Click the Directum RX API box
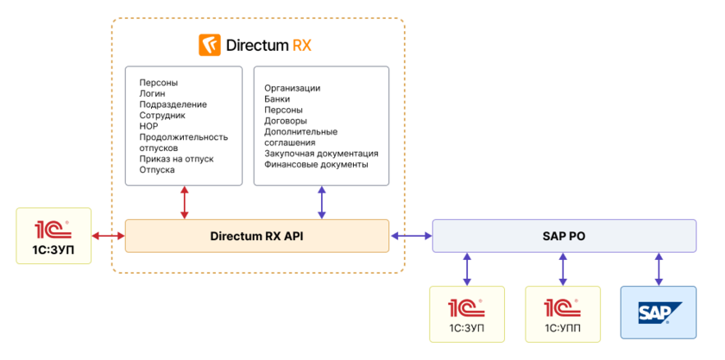click(257, 236)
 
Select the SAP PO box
click(564, 236)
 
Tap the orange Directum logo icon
click(209, 45)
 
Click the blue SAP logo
click(659, 312)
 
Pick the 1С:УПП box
click(562, 312)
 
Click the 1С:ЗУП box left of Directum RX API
click(54, 236)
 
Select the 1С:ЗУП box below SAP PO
click(466, 312)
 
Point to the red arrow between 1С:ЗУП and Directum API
click(108, 236)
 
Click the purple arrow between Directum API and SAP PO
click(411, 236)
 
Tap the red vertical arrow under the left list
click(183, 202)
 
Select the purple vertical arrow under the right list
click(322, 202)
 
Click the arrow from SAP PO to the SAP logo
click(659, 268)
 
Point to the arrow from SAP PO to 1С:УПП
click(563, 268)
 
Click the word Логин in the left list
click(153, 93)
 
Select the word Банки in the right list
click(278, 99)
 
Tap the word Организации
click(293, 88)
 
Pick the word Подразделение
click(173, 104)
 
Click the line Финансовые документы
click(316, 164)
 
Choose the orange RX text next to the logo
click(302, 45)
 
